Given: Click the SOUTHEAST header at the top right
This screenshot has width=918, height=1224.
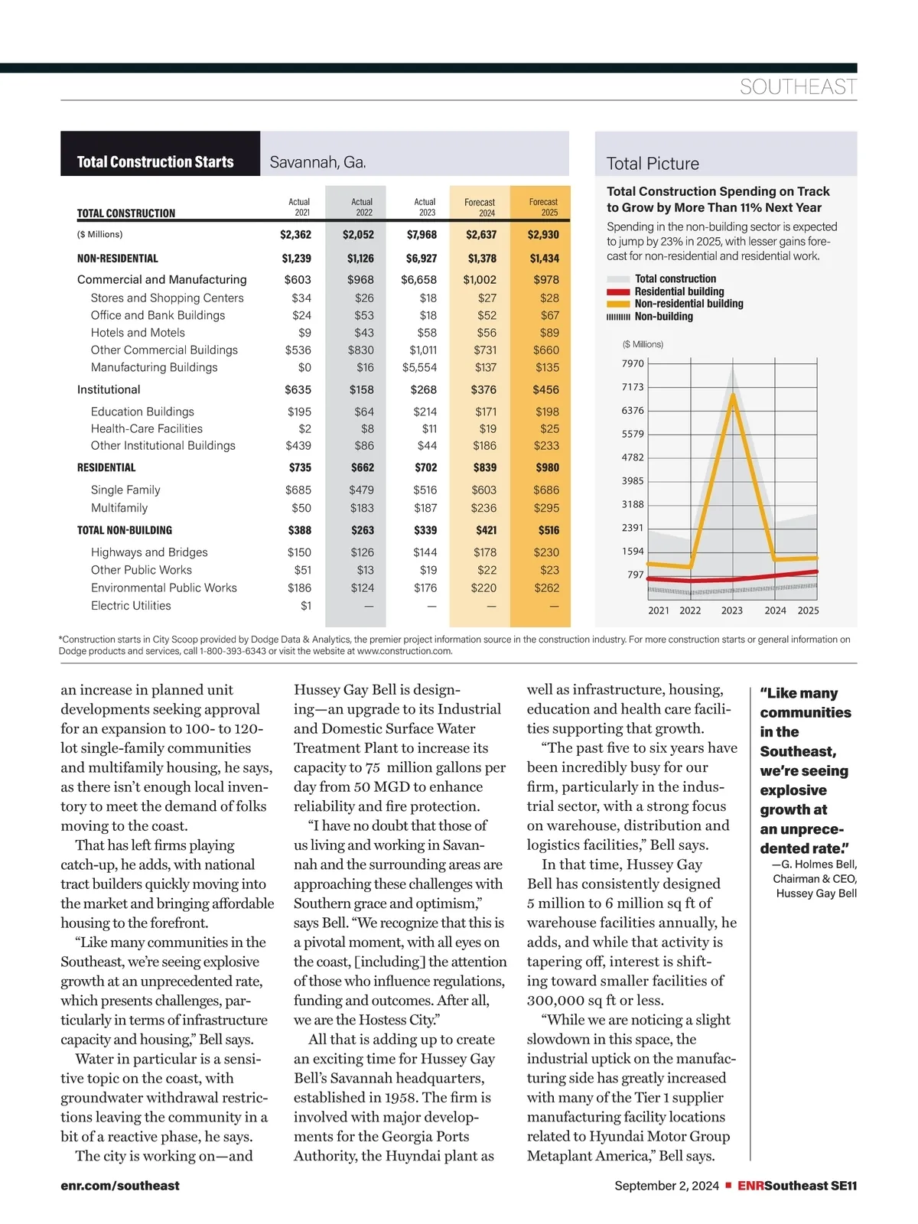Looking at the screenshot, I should coord(798,87).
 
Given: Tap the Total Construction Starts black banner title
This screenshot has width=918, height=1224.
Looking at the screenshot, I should coord(155,162).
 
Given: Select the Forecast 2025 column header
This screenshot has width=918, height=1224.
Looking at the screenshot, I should coord(543,207).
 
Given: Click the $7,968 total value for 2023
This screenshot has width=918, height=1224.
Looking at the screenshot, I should coord(422,235).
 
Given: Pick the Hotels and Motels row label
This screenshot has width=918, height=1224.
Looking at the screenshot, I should coord(138,333).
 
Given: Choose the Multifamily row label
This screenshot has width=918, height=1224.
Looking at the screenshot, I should coord(119,508).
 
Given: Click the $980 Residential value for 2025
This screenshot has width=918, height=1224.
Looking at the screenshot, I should coord(547,467).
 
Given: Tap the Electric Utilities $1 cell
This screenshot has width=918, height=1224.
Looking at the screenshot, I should coord(306,606).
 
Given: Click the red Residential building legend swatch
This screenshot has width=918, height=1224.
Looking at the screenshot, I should coord(618,291).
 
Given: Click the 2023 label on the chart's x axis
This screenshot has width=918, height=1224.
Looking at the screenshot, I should coord(732,610).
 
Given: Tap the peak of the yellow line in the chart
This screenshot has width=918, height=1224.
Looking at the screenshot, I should coord(734,395).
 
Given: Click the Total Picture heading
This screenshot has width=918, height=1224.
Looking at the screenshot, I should coord(653,164).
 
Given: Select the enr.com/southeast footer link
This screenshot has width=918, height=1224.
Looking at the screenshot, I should coord(120,1186).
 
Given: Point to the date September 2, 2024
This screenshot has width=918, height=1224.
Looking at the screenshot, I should coord(666,1186).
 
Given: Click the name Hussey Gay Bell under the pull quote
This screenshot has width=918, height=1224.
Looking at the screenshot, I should coord(816,894).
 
